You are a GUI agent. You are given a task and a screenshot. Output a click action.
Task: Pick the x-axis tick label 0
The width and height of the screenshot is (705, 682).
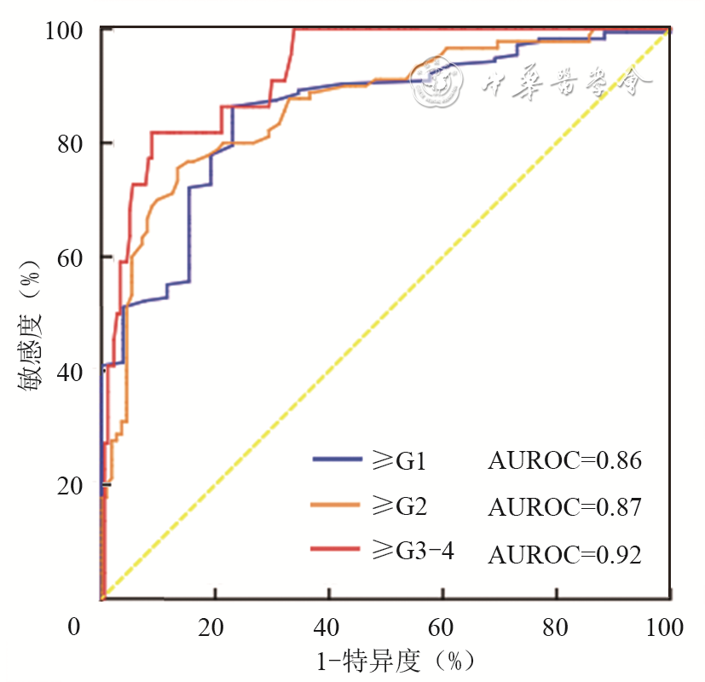(x=75, y=628)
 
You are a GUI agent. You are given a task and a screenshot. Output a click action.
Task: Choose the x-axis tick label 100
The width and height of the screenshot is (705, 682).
(x=664, y=628)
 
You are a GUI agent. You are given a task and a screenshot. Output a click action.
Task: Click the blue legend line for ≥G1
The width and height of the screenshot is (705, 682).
(x=340, y=459)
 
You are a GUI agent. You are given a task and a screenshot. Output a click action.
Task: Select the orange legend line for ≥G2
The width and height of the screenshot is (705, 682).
(x=340, y=506)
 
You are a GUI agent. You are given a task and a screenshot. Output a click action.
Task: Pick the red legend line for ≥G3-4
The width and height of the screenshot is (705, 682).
(x=340, y=551)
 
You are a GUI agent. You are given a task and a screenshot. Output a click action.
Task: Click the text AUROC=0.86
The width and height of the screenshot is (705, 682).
(x=563, y=460)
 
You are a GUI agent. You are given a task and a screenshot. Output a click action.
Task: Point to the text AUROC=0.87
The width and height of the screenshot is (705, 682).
(x=563, y=506)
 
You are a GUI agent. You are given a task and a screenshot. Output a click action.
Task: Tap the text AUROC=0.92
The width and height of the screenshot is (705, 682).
(x=563, y=554)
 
